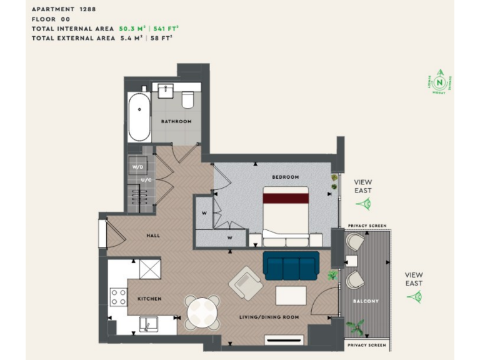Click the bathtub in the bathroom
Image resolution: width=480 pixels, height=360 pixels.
(x=139, y=117)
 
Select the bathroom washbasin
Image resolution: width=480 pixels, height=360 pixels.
(x=166, y=91)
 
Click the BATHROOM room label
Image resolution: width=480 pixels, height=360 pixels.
(x=176, y=121)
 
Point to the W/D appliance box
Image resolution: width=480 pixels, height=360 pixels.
(x=137, y=167)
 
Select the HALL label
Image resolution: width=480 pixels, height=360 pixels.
(x=153, y=236)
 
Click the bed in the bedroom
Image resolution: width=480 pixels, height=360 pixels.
(x=286, y=216)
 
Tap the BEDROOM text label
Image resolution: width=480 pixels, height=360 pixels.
(x=285, y=177)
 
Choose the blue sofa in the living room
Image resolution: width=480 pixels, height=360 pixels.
(x=291, y=266)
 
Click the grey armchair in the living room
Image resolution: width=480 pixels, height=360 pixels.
(x=244, y=283)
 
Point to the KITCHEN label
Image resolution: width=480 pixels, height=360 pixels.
(x=149, y=299)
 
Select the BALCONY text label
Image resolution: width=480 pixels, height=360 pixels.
(x=366, y=301)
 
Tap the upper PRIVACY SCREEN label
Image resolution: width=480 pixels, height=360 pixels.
(x=367, y=226)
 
